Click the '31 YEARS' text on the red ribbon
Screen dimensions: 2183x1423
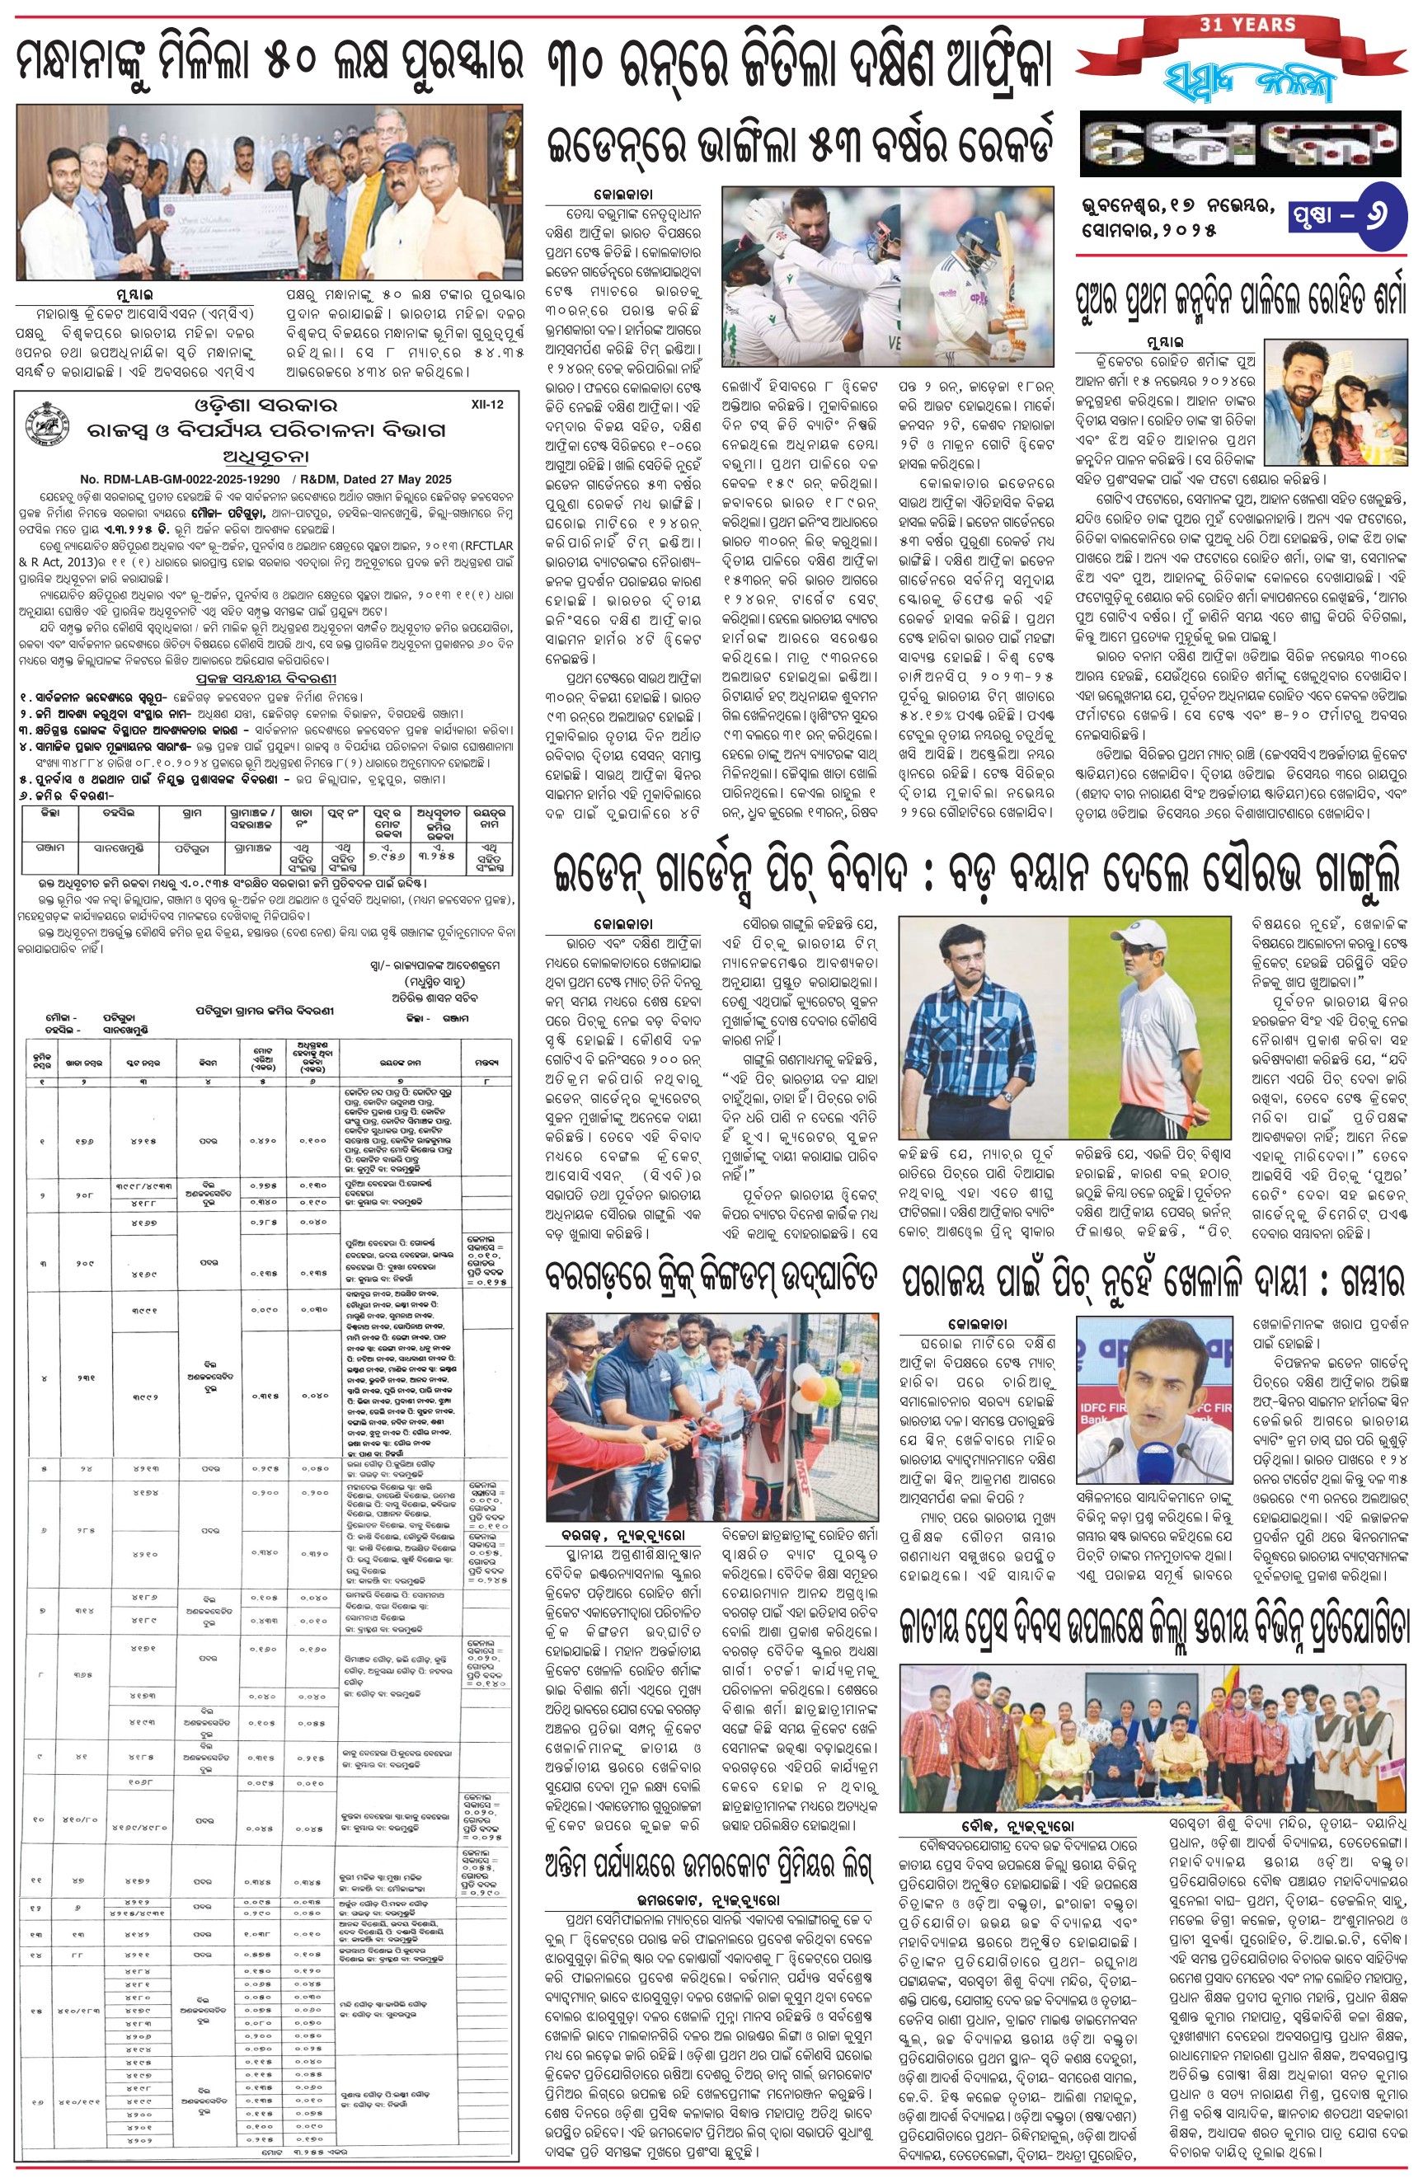pyautogui.click(x=1247, y=25)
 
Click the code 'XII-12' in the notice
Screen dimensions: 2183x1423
pyautogui.click(x=486, y=405)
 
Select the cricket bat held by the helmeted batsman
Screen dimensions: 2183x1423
pyautogui.click(x=1006, y=275)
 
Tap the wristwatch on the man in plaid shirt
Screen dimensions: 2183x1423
pyautogui.click(x=1007, y=1096)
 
